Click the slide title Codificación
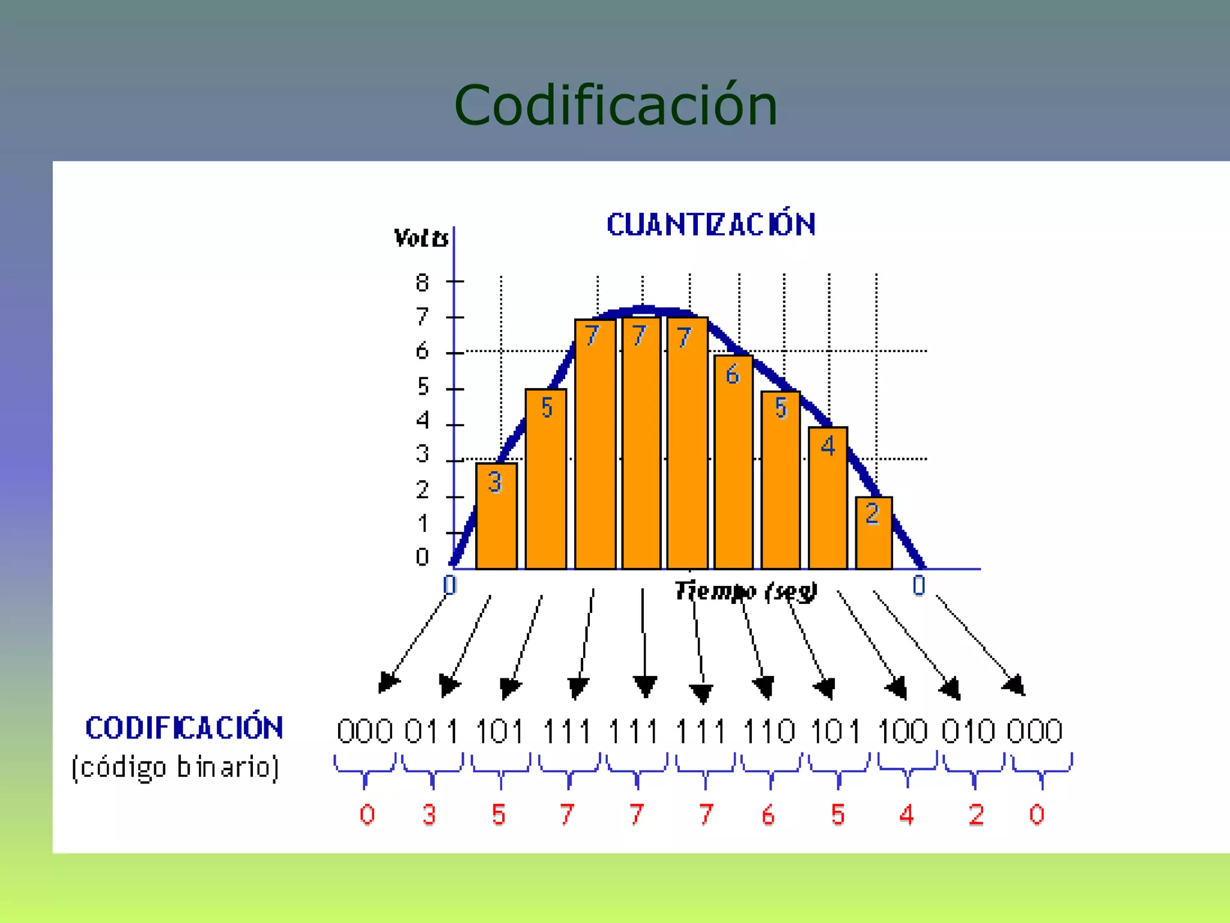(616, 106)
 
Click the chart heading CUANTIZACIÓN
(711, 225)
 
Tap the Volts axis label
(420, 239)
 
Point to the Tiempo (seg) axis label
(745, 591)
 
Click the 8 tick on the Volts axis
(422, 282)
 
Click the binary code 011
(431, 731)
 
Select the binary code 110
(769, 731)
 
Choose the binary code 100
(903, 731)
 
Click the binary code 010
(968, 731)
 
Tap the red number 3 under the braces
(429, 815)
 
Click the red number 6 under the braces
(768, 815)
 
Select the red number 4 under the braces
(907, 815)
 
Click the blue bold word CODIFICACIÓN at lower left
(184, 728)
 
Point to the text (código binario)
(175, 767)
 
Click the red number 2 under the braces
(976, 815)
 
